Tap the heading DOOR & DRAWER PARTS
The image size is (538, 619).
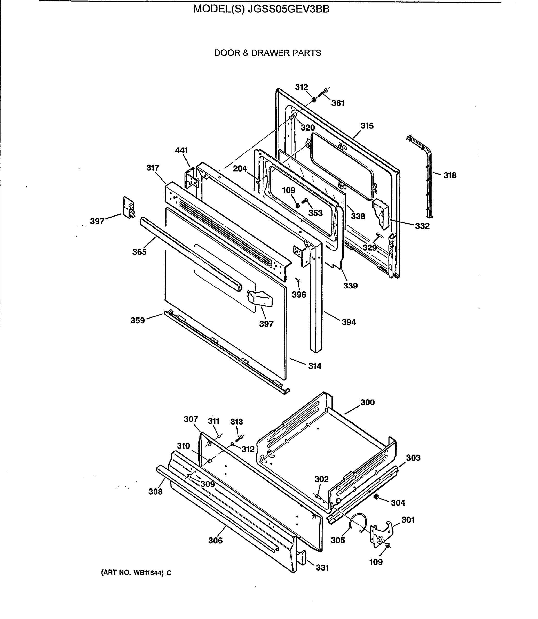point(267,53)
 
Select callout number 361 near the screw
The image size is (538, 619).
point(338,103)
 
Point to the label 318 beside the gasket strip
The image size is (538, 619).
point(450,175)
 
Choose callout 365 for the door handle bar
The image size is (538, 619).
point(139,252)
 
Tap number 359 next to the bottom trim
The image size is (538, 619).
point(138,320)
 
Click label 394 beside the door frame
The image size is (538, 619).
point(349,322)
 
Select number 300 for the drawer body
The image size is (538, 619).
point(367,402)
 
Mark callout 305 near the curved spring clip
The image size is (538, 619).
point(338,540)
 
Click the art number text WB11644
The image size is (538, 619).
point(145,573)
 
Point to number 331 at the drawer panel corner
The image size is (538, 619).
point(322,568)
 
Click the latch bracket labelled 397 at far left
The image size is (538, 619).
point(129,208)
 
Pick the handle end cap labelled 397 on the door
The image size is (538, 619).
point(260,299)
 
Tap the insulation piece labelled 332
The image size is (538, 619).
point(381,213)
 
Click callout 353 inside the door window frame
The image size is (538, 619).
point(315,213)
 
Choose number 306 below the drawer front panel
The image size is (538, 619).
point(215,540)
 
